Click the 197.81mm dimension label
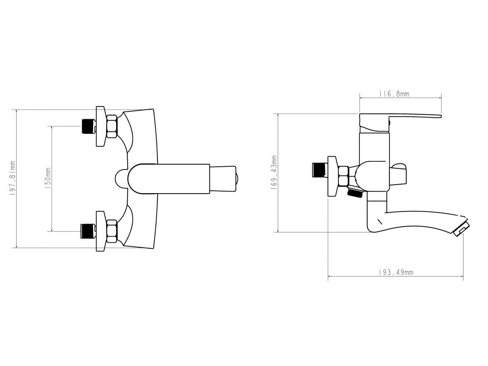13,179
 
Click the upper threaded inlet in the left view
87,126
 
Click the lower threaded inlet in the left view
87,231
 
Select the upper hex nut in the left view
112,126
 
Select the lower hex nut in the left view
112,231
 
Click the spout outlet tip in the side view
461,228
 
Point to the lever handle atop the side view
407,117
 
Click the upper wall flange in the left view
100,126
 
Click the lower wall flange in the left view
100,231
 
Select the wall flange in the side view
333,176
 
